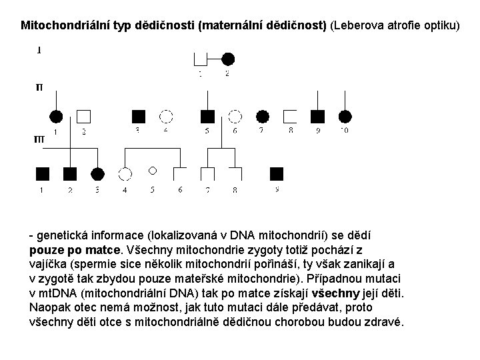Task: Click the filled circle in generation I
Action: point(228,58)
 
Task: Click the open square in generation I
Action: point(200,58)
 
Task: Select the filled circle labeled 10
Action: point(345,117)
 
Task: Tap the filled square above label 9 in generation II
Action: point(318,117)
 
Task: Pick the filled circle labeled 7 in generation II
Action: point(262,117)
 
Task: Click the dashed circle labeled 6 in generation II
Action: point(235,117)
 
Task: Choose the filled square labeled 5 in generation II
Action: point(208,117)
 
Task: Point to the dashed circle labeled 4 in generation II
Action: point(166,117)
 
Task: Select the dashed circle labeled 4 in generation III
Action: point(125,174)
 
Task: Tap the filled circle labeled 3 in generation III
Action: point(97,174)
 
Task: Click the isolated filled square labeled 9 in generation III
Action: point(277,174)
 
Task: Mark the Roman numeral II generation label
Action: point(39,87)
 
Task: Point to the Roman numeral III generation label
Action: point(39,140)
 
